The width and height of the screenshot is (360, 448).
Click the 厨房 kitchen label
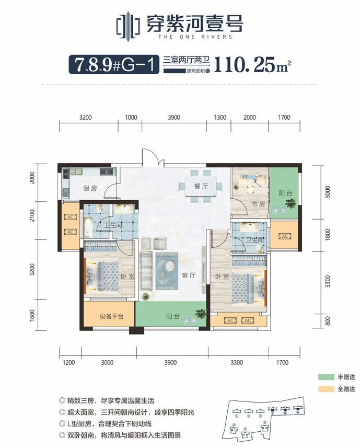(x=90, y=188)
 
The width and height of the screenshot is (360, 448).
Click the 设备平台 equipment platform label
(x=111, y=316)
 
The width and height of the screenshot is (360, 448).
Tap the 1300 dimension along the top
(x=220, y=118)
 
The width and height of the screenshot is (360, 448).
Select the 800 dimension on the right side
(x=328, y=321)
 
